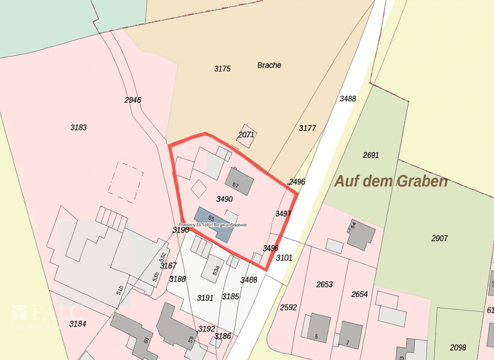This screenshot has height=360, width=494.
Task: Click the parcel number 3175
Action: [222, 68]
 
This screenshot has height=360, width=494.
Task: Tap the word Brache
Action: [269, 65]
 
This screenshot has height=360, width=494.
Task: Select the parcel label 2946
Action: [133, 100]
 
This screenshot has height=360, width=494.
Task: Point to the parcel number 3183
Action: [78, 127]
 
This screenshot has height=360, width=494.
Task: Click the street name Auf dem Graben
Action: [390, 181]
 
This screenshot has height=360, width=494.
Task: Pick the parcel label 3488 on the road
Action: [347, 98]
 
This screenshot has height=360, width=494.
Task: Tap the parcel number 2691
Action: [370, 155]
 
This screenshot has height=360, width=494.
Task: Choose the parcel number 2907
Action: [439, 239]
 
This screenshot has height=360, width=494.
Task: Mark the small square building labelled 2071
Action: [246, 134]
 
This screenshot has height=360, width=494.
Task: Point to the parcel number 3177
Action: [307, 128]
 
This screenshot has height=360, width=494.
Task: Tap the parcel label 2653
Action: [324, 284]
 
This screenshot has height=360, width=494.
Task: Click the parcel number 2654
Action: [360, 294]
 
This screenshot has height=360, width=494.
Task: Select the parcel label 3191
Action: [205, 298]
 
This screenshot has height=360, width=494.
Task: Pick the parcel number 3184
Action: [77, 323]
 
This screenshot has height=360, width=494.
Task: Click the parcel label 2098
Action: [458, 347]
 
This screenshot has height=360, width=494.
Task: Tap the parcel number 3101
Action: [284, 258]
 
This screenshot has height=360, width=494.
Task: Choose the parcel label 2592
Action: [289, 307]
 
